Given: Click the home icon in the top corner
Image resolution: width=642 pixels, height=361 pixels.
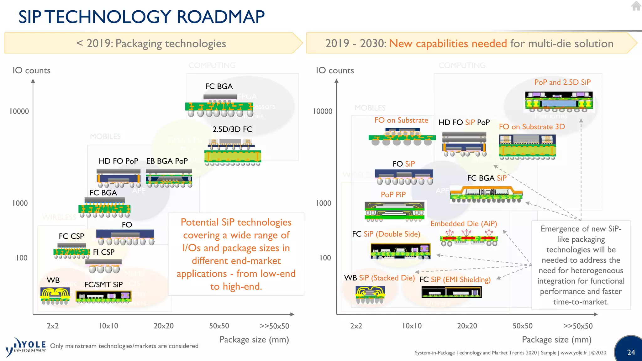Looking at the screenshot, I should [636, 6].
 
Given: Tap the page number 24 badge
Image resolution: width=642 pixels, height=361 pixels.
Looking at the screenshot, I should [631, 352].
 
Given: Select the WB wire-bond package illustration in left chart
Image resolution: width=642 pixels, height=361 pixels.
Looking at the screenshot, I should [55, 296].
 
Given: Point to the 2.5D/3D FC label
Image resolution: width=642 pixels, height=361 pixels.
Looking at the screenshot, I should [232, 129].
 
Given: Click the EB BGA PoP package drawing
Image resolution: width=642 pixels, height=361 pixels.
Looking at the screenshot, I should [169, 178].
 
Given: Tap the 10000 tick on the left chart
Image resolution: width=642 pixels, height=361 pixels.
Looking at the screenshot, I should [19, 111].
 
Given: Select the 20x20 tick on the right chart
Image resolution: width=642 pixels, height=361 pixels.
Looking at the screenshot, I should [467, 326].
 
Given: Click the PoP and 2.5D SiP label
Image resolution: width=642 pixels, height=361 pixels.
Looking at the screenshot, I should [562, 82].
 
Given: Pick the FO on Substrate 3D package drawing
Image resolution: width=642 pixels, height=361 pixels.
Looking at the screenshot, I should [527, 147].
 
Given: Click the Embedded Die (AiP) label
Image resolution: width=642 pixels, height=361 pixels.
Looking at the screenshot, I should [464, 224].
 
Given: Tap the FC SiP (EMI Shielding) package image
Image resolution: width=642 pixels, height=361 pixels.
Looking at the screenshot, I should [451, 292].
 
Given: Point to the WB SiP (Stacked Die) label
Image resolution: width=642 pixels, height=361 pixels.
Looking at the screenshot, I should [379, 278].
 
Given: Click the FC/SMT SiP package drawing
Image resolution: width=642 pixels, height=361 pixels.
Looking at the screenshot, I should [103, 296].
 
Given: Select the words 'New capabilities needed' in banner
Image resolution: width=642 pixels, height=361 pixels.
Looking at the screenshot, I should [448, 43].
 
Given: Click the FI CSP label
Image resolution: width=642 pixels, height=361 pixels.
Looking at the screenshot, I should [104, 252].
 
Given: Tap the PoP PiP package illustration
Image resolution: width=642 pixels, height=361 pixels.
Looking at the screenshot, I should [394, 211].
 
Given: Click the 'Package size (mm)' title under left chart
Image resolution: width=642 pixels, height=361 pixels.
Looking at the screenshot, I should [254, 340].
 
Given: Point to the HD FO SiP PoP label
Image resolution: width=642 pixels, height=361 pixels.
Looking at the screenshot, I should [464, 122].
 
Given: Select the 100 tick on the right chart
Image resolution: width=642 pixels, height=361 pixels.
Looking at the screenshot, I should [325, 258].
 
